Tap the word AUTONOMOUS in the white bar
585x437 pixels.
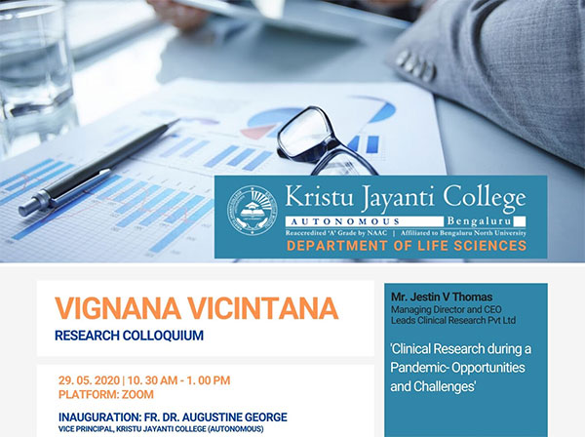pyautogui.click(x=345, y=221)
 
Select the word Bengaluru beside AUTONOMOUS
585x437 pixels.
pyautogui.click(x=479, y=220)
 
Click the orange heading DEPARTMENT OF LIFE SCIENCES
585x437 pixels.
pyautogui.click(x=407, y=246)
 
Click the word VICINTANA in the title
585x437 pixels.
pyautogui.click(x=262, y=308)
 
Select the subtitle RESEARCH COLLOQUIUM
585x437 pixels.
pyautogui.click(x=129, y=336)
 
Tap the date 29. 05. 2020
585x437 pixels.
pyautogui.click(x=89, y=380)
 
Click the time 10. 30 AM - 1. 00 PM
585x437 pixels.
pyautogui.click(x=178, y=380)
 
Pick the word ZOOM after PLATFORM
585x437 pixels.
pyautogui.click(x=137, y=394)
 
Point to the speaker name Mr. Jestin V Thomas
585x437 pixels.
pyautogui.click(x=442, y=298)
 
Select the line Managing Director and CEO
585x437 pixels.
pyautogui.click(x=447, y=309)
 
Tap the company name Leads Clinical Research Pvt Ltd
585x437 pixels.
pyautogui.click(x=453, y=320)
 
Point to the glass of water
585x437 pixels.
pyautogui.click(x=35, y=71)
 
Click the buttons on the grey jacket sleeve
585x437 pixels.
pyautogui.click(x=415, y=65)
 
